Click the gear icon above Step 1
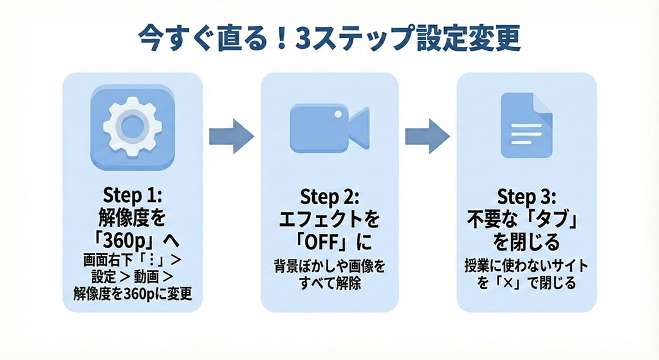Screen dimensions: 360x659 click(133, 126)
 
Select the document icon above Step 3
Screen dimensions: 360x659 click(526, 126)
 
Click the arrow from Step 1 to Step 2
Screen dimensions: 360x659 click(231, 136)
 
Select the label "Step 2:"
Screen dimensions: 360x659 click(329, 196)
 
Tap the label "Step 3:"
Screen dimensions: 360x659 click(526, 196)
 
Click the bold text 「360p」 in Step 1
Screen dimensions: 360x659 click(125, 239)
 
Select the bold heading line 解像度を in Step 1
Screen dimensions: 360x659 click(133, 216)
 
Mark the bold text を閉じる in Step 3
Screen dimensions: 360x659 click(526, 242)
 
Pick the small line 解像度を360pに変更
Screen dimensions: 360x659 click(133, 296)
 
